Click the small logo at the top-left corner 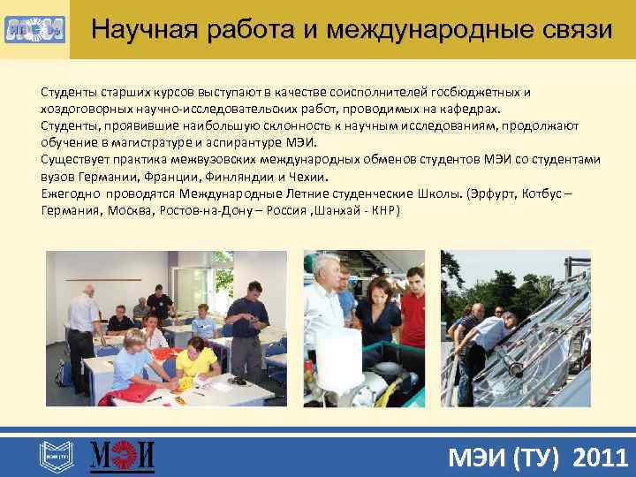(34, 30)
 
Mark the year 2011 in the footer (601, 458)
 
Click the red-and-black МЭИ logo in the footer (123, 456)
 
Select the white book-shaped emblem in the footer (53, 456)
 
